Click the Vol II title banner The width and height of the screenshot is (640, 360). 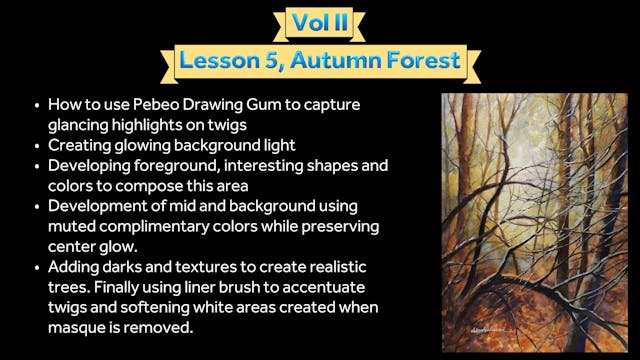tap(319, 21)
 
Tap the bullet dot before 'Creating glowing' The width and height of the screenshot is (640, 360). tap(36, 145)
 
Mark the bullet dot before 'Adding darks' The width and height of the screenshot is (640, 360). tap(36, 268)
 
